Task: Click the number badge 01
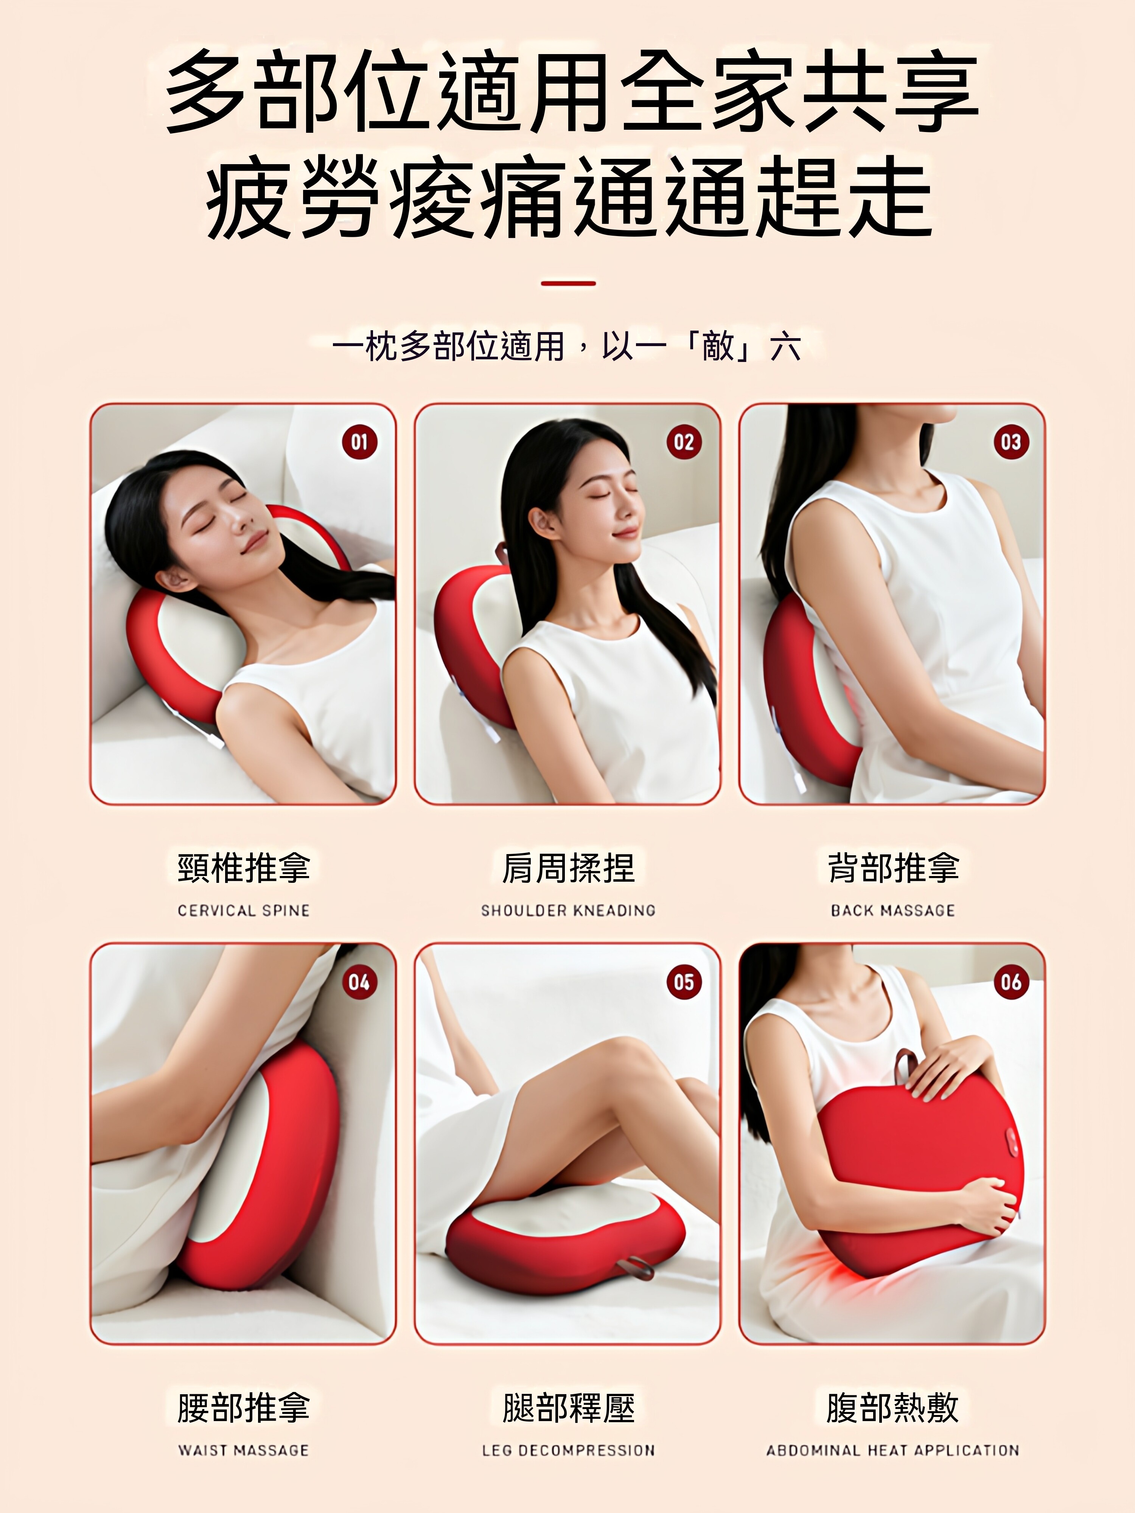click(x=359, y=442)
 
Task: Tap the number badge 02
click(x=684, y=442)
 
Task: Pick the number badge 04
click(x=359, y=982)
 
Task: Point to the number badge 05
click(x=684, y=982)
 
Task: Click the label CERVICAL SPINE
click(x=244, y=910)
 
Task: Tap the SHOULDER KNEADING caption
click(x=568, y=910)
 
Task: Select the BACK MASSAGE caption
click(x=893, y=910)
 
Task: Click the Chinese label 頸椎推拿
click(x=244, y=867)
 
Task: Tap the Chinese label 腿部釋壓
click(x=568, y=1407)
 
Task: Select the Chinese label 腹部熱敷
click(x=893, y=1407)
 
